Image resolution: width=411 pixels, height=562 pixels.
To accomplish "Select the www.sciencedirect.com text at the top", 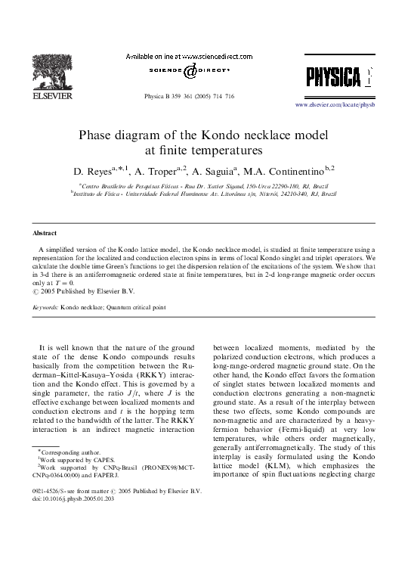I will pyautogui.click(x=218, y=55).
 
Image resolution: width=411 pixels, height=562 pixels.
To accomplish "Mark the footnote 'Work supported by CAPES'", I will pyautogui.click(x=73, y=480).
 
